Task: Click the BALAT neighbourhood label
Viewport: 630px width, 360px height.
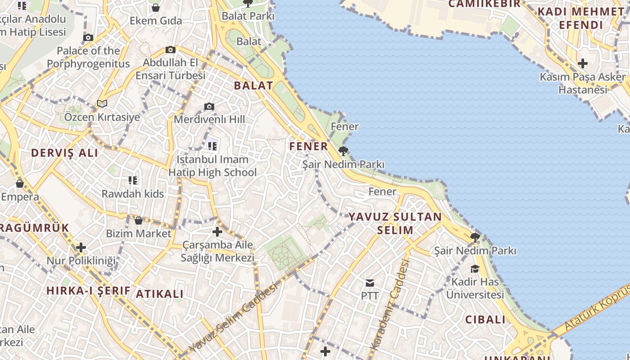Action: (x=253, y=85)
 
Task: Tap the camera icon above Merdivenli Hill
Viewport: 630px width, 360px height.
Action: (x=209, y=107)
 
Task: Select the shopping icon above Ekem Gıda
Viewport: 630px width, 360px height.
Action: (x=156, y=8)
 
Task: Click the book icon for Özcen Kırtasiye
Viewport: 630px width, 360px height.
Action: (x=102, y=104)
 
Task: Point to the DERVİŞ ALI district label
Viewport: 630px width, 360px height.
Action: (x=64, y=153)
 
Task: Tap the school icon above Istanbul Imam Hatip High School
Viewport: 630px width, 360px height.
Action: (x=212, y=146)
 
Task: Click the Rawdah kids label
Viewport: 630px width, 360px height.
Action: (x=133, y=194)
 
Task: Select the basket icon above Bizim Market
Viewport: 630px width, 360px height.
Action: (x=139, y=220)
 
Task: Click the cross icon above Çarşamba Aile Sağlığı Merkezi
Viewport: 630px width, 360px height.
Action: (x=217, y=232)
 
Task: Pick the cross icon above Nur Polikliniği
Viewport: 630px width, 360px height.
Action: (x=81, y=247)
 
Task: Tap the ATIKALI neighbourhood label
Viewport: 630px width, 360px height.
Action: (x=160, y=294)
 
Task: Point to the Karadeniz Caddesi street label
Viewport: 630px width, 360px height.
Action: (x=390, y=305)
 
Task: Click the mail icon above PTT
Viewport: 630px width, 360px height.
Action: (x=370, y=283)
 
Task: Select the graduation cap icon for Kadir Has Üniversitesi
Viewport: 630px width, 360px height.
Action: (x=475, y=269)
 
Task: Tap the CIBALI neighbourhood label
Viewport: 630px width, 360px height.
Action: (x=486, y=320)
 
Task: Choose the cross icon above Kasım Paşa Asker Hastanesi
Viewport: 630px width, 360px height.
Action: (x=583, y=63)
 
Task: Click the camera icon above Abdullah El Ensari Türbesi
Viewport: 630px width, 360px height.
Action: (x=170, y=49)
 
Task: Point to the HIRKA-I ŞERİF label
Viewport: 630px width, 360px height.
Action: (x=88, y=291)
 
